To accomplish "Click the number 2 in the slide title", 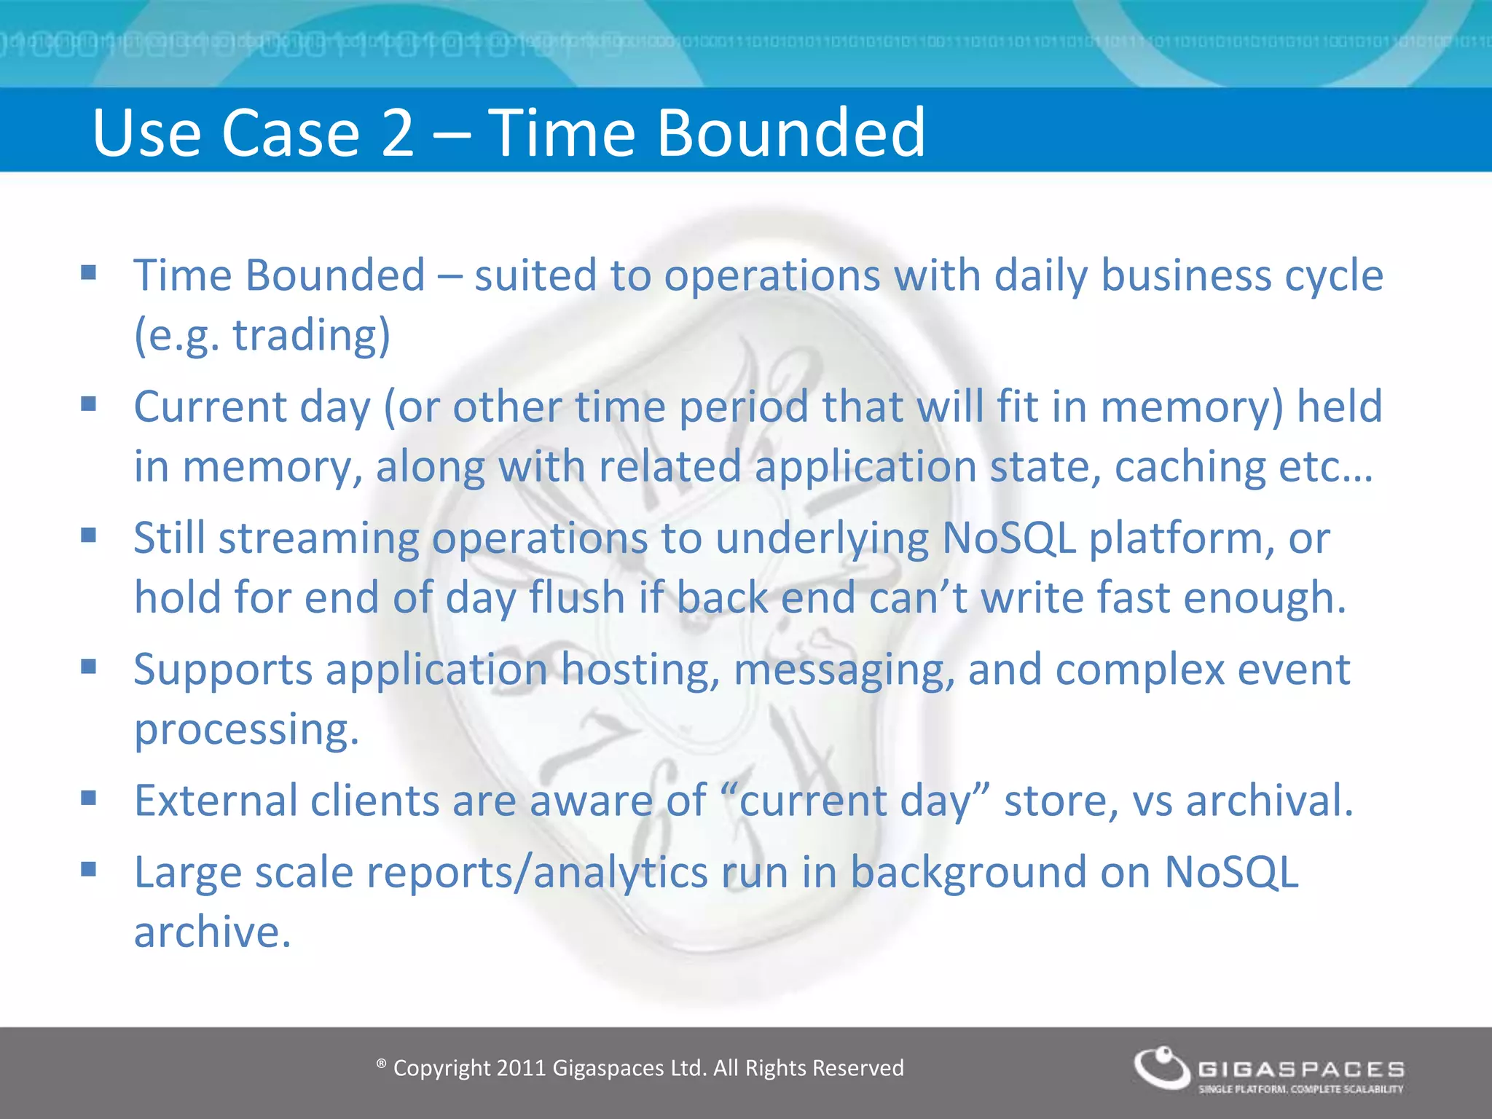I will (398, 133).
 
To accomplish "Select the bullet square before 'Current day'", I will (89, 404).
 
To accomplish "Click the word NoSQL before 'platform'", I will (1008, 538).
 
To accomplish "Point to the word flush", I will (577, 597).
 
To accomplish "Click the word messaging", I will (844, 670).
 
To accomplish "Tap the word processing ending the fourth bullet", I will (246, 729).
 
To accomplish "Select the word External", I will (216, 801).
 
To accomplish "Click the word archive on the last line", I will (212, 932).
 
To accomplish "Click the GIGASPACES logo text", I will (1301, 1069).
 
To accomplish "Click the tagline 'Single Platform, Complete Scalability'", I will (1301, 1089).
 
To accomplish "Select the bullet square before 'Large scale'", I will (89, 869).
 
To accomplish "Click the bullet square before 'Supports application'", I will (89, 667).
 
